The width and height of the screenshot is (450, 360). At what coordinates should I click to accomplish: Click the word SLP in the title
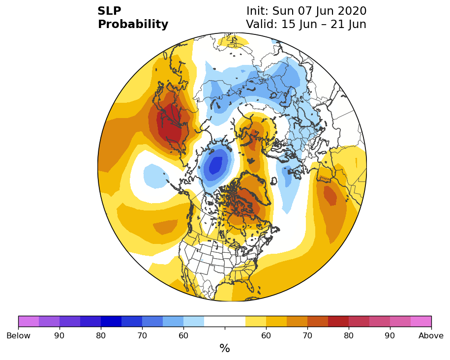tap(109, 11)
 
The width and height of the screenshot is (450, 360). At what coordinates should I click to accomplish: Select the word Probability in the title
tap(133, 25)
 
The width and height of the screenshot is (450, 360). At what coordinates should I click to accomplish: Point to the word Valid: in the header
tap(262, 24)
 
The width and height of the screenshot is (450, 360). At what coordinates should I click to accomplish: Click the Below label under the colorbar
tap(18, 335)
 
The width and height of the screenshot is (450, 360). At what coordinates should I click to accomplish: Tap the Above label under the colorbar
tap(431, 335)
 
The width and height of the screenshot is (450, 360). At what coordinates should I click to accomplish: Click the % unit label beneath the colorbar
tap(225, 348)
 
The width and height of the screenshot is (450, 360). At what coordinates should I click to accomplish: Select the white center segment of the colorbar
tap(225, 321)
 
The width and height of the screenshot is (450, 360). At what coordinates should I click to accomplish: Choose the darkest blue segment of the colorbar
tap(111, 321)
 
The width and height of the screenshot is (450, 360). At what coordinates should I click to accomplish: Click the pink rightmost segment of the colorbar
tap(421, 321)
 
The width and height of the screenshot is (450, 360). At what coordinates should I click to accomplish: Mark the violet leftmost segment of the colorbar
tap(29, 321)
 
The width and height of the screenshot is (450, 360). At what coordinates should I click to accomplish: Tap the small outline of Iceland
tap(274, 181)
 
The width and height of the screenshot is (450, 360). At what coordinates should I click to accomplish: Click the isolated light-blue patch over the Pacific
tap(155, 176)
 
